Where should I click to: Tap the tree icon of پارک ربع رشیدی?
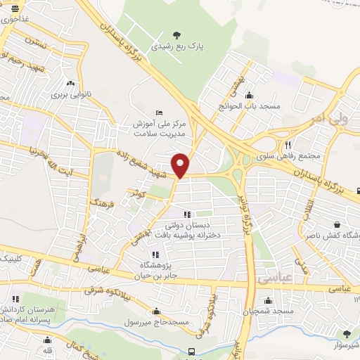[176, 35]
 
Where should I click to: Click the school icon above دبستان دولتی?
[186, 215]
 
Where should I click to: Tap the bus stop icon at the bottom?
[191, 352]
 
